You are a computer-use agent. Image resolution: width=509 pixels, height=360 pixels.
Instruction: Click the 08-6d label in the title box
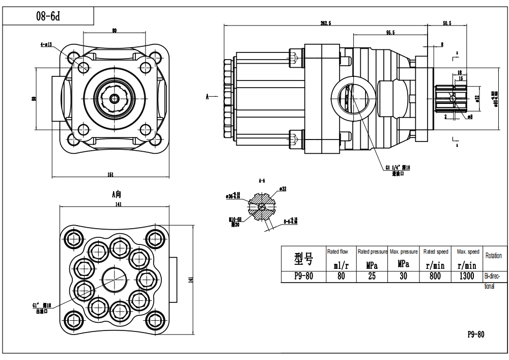point(48,16)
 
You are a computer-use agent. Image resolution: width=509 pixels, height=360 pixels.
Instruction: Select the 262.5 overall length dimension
point(326,23)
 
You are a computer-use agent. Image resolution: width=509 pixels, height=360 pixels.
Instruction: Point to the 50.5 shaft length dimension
point(447,23)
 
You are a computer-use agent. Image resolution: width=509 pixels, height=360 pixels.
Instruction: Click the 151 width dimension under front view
point(110,175)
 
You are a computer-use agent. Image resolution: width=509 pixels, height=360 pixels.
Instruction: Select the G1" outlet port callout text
point(42,308)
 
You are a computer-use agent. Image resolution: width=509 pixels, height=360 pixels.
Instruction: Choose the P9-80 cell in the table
point(303,276)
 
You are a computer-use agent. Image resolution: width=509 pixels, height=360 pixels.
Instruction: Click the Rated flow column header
point(337,252)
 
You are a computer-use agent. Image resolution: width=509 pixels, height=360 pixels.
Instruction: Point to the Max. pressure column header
point(403,252)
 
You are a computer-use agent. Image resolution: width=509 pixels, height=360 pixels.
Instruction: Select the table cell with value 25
point(372,276)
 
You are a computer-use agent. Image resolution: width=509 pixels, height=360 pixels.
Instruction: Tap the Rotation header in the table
point(493,256)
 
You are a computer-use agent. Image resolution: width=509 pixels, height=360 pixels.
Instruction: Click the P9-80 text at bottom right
point(476,335)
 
